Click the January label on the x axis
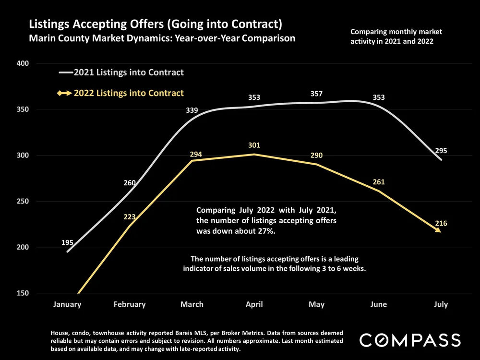tap(67, 304)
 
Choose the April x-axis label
tap(254, 304)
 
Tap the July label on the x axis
tap(441, 304)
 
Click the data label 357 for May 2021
tap(316, 93)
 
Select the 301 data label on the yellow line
tap(254, 145)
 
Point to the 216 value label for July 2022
tap(441, 223)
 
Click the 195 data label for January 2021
tap(68, 243)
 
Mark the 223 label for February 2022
tap(130, 217)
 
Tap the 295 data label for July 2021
tap(441, 151)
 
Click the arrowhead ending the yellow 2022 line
tap(438, 230)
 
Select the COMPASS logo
tap(410, 340)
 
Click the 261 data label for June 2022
tap(379, 182)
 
